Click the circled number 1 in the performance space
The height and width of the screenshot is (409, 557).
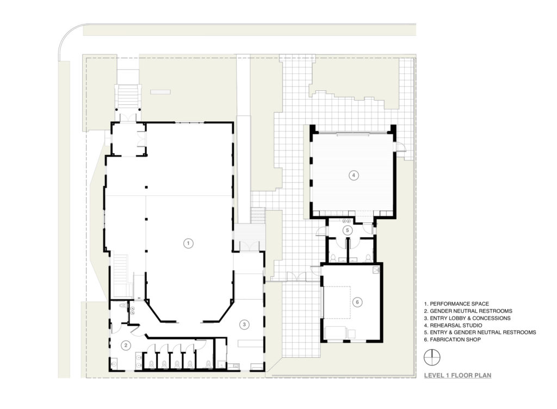[x=188, y=243]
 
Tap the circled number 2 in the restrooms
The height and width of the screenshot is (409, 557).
[x=126, y=344]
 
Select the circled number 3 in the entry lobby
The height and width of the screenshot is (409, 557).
[x=245, y=325]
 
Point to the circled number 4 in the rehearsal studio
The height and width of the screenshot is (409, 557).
[x=354, y=175]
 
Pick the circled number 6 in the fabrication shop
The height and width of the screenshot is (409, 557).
[x=357, y=302]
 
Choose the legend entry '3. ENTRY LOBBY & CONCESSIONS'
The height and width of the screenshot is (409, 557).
[x=467, y=318]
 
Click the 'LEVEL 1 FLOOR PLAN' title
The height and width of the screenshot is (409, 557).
[x=457, y=375]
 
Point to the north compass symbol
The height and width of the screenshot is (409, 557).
[x=431, y=357]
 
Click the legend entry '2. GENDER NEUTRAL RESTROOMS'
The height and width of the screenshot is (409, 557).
[x=468, y=311]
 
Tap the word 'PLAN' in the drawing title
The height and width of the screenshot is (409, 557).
[x=484, y=375]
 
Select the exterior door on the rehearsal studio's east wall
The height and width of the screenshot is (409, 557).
[x=400, y=147]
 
